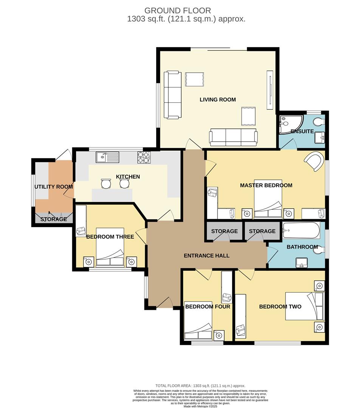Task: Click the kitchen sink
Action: (107, 156)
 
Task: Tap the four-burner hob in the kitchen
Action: (144, 157)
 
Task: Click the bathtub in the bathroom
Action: (301, 230)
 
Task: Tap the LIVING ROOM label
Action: (217, 100)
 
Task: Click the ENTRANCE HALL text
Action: (206, 256)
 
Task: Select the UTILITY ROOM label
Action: (54, 187)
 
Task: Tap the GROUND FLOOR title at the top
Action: (178, 11)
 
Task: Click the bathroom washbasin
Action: (302, 262)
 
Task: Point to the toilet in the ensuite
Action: (318, 122)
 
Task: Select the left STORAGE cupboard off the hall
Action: (224, 231)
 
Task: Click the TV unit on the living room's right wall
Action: (270, 90)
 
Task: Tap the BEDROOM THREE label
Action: (110, 237)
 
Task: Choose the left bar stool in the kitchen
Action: (106, 184)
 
